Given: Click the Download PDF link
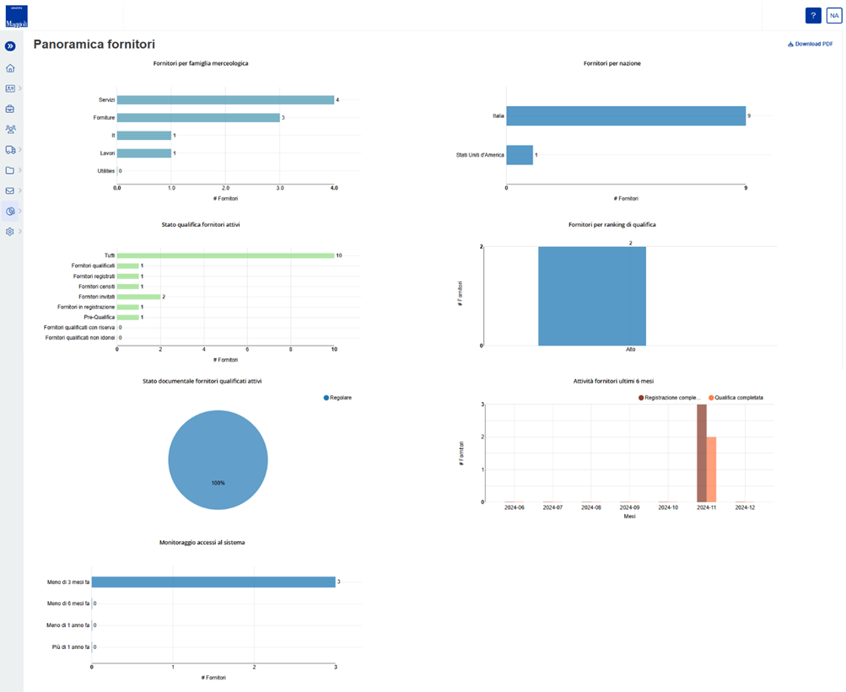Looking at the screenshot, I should (810, 44).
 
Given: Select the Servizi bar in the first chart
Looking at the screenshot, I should (225, 99).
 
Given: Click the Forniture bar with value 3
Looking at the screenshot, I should (198, 118).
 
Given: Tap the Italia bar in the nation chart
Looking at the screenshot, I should (626, 115).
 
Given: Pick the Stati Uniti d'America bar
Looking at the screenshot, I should (520, 155).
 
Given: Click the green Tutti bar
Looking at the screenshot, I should (225, 255).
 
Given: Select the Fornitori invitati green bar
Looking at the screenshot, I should (138, 297).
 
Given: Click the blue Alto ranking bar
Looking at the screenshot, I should (592, 296).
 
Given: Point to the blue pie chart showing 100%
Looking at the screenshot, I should (218, 460).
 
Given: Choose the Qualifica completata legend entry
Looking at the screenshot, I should (736, 397).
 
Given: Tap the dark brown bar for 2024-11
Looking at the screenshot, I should (702, 453).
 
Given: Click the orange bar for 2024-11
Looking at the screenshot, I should (711, 469).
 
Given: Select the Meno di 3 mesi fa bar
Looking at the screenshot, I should (213, 582).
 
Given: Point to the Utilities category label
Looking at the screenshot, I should (105, 171).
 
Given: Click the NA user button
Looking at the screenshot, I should (833, 15).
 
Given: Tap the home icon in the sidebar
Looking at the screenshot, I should (10, 68).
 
